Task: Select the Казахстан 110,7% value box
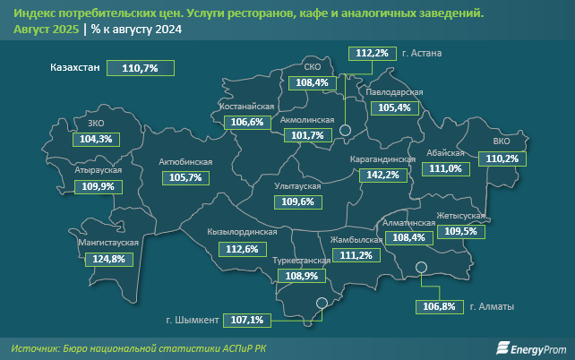click(x=139, y=68)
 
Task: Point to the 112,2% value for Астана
click(x=372, y=54)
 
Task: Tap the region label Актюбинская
click(x=185, y=162)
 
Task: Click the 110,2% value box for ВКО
click(x=501, y=159)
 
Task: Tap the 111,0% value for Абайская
click(x=446, y=168)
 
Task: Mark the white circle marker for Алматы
click(x=420, y=266)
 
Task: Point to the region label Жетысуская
click(x=461, y=216)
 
